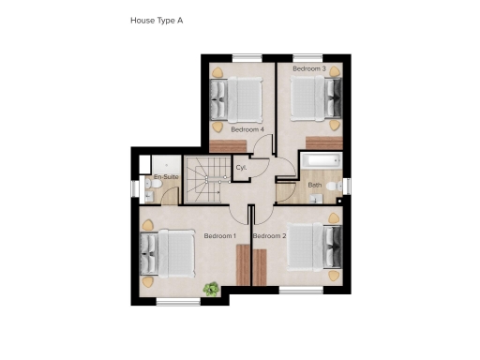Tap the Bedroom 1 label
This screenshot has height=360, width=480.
tap(219, 235)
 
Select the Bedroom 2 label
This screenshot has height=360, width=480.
tap(270, 235)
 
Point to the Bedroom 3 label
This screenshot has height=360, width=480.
tap(308, 69)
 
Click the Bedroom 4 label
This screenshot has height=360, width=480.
tap(247, 129)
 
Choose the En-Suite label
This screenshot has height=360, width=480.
tap(166, 176)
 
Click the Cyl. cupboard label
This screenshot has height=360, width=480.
tap(241, 167)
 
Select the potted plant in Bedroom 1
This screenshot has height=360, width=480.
tap(213, 289)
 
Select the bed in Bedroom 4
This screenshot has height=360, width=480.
tap(238, 96)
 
